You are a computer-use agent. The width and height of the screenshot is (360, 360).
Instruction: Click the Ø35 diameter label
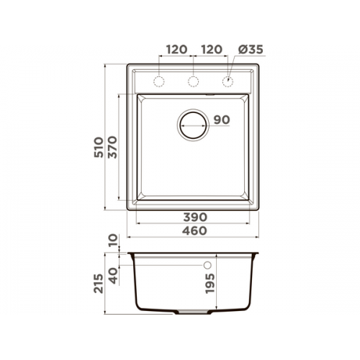[x=251, y=50]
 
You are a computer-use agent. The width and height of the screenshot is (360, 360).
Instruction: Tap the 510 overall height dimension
[x=99, y=147]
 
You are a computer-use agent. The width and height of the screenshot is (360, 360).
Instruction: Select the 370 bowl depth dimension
[x=112, y=147]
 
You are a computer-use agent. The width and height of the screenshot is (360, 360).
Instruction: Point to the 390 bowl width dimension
[x=195, y=217]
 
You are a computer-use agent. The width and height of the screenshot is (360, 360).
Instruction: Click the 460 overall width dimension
[x=194, y=230]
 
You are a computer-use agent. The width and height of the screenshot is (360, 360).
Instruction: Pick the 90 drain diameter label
[x=222, y=120]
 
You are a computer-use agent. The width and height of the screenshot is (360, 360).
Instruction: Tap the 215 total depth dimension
[x=99, y=284]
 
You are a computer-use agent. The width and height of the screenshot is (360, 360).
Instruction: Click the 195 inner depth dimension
[x=210, y=284]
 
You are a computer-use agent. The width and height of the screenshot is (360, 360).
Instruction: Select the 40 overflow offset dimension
[x=114, y=276]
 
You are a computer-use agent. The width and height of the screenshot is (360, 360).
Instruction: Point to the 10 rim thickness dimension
[x=113, y=240]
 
